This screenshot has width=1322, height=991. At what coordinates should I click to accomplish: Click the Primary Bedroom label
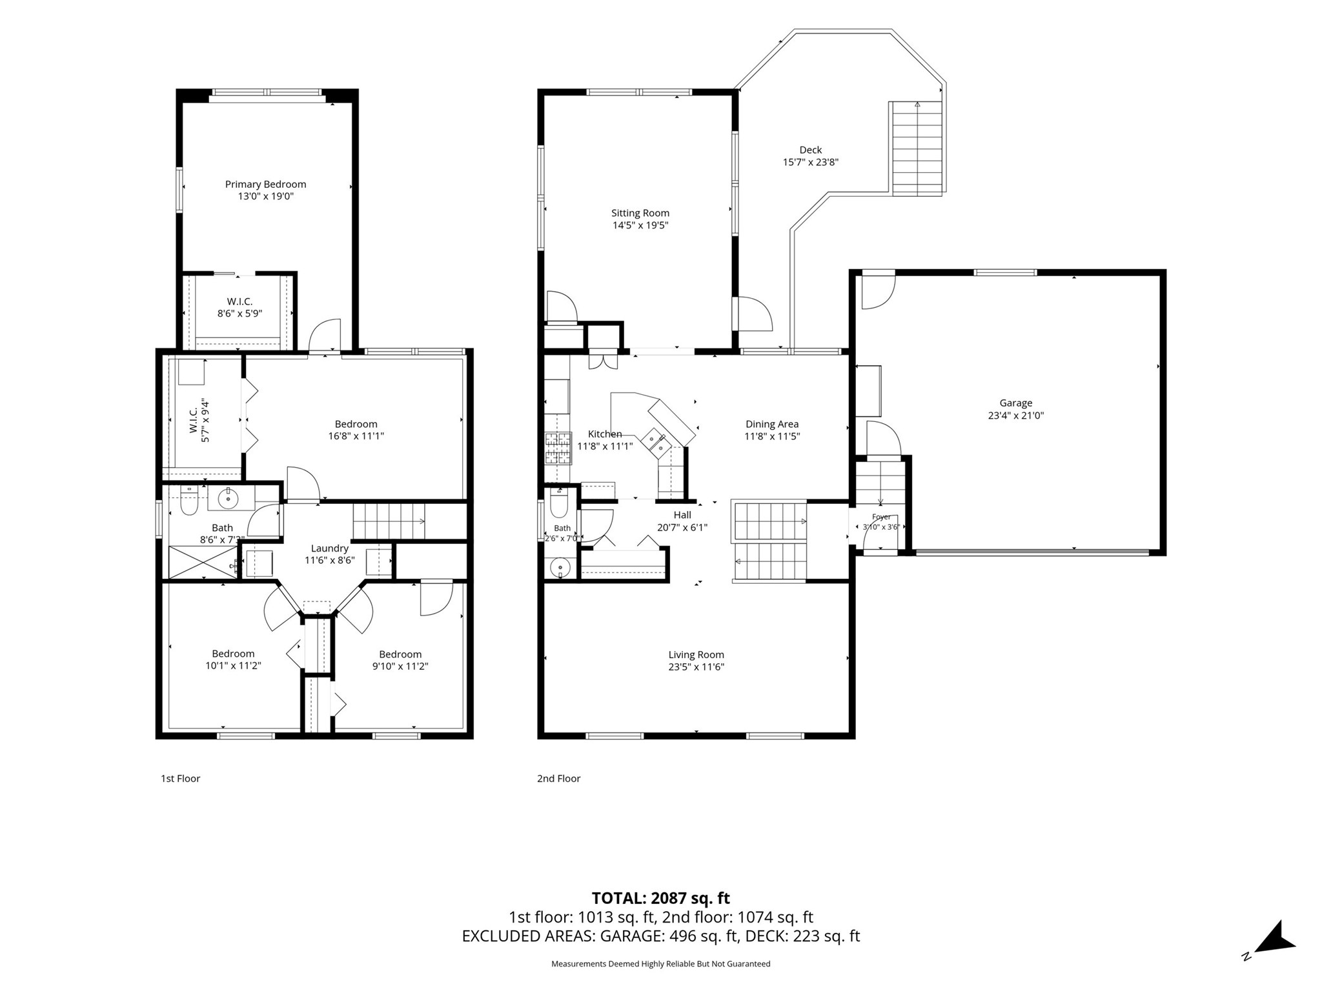(x=265, y=185)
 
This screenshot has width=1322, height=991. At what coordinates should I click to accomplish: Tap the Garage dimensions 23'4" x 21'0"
(x=1015, y=415)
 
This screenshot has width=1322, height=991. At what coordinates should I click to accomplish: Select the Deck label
(x=810, y=150)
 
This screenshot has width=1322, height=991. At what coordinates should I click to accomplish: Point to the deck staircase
(x=917, y=148)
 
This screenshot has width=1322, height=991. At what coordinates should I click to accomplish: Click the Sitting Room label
(x=640, y=213)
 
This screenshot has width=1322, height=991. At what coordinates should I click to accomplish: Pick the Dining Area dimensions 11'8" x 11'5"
(x=772, y=436)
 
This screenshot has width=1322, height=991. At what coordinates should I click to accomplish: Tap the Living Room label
(x=696, y=655)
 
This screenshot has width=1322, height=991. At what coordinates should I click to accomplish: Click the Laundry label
(x=329, y=548)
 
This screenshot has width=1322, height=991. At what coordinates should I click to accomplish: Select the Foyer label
(x=881, y=517)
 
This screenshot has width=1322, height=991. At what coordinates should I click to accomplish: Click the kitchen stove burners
(x=558, y=448)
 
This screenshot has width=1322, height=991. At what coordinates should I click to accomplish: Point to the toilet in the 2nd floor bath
(x=559, y=503)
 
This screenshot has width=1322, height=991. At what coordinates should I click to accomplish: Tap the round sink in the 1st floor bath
(x=228, y=498)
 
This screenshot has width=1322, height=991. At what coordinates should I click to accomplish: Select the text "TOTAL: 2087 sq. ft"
(x=660, y=898)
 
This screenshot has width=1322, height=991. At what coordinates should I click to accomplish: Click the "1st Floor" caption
(x=180, y=779)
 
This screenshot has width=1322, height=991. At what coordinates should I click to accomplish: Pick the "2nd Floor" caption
(x=558, y=779)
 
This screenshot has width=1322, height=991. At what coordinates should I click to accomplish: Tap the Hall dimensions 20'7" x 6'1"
(x=682, y=527)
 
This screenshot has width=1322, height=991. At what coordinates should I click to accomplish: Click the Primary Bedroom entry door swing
(x=325, y=335)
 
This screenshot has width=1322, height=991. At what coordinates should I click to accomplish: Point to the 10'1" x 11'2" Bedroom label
(x=233, y=659)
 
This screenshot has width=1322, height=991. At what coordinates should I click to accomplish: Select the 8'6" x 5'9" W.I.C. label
(x=239, y=308)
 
